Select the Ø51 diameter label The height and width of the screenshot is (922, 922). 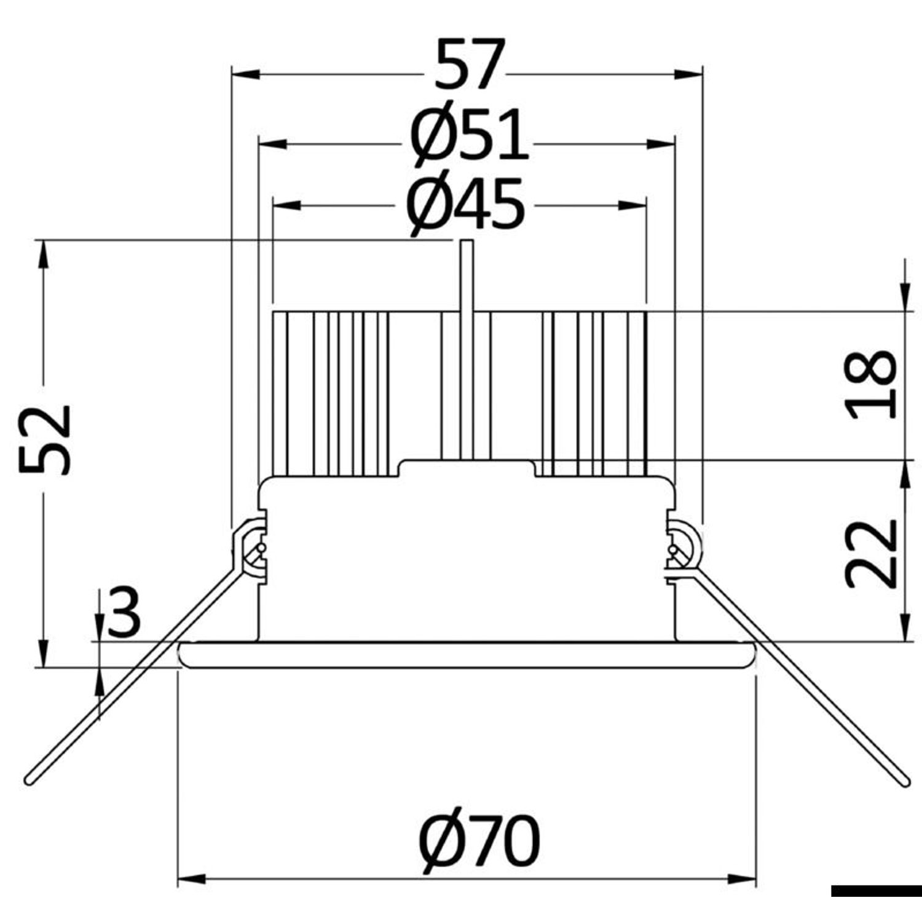tap(469, 135)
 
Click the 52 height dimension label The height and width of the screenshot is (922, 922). tap(45, 440)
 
